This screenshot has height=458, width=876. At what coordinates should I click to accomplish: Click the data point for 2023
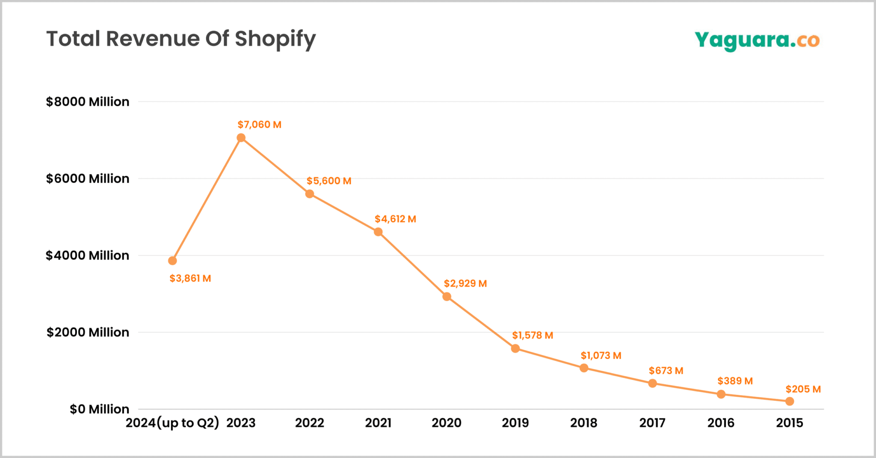[x=241, y=138]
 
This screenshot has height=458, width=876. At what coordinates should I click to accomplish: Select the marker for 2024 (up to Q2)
[x=172, y=261]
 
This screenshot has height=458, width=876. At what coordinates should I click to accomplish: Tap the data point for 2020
[x=447, y=296]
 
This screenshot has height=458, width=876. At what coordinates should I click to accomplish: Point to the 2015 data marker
[x=790, y=401]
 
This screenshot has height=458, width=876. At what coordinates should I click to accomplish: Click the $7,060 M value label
[x=259, y=125]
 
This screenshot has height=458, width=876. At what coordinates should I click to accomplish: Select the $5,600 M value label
[x=328, y=181]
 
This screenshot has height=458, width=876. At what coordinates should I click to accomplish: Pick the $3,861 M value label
[x=190, y=278]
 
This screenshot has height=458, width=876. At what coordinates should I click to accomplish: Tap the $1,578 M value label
[x=533, y=335]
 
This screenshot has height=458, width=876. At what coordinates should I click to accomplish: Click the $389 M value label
[x=735, y=381]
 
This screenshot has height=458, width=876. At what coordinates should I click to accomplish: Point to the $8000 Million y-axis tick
[x=88, y=102]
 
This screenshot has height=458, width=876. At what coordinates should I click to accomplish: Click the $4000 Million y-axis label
[x=88, y=255]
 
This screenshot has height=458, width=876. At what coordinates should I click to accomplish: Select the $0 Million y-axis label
[x=99, y=409]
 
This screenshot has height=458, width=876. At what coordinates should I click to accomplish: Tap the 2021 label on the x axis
[x=378, y=423]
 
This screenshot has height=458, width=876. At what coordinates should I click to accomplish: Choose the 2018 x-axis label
[x=583, y=423]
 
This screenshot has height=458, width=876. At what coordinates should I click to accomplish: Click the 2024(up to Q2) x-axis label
[x=172, y=423]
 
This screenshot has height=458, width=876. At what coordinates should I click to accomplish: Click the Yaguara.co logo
[x=757, y=41]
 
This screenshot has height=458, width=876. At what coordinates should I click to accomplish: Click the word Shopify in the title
[x=275, y=39]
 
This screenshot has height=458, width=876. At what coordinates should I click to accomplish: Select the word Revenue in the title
[x=153, y=39]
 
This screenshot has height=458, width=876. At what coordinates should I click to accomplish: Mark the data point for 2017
[x=652, y=383]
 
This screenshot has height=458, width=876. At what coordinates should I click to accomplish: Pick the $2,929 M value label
[x=465, y=284]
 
